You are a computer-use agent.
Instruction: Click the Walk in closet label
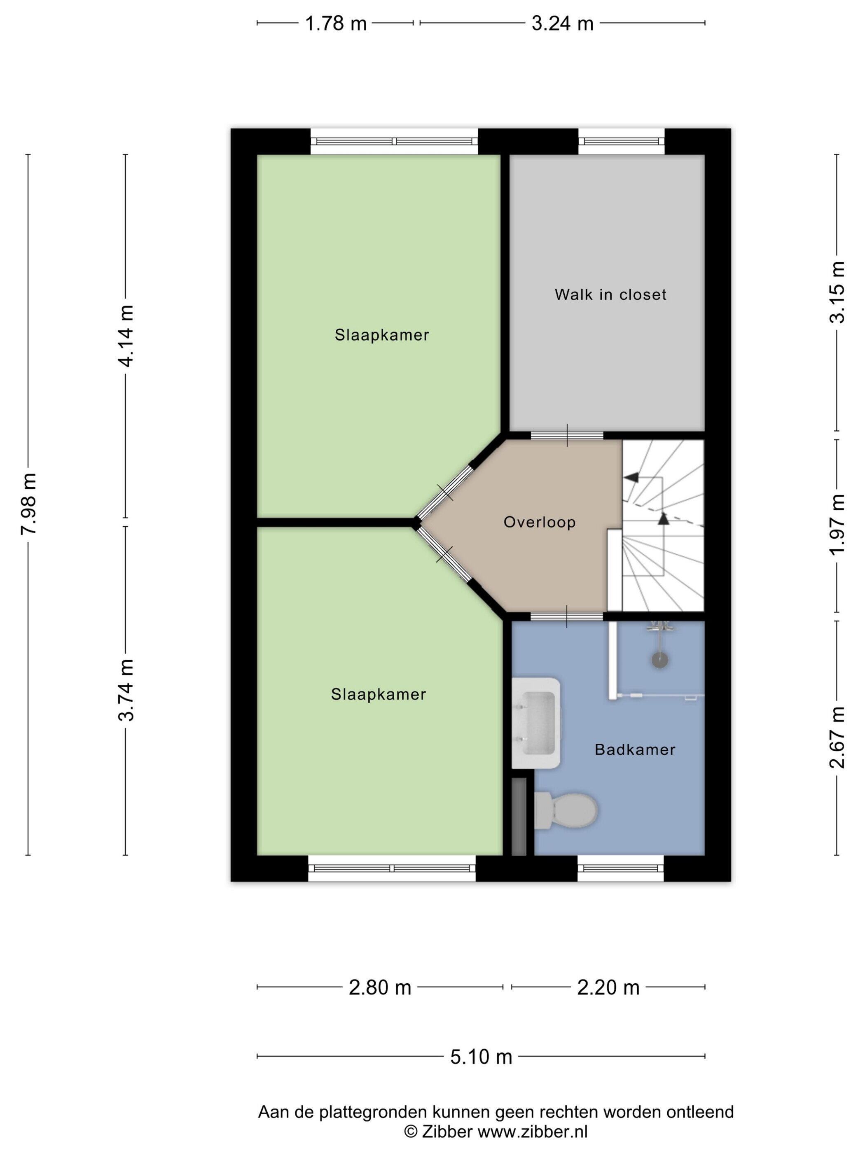click(610, 294)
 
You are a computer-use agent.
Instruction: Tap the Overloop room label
click(540, 522)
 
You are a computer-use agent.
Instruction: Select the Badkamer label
click(635, 749)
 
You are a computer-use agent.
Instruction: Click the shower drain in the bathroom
click(659, 661)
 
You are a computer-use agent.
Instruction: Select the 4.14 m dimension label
click(126, 336)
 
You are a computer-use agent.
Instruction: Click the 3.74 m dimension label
click(126, 690)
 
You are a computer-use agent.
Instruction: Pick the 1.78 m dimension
click(336, 23)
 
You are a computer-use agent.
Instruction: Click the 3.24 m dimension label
click(563, 23)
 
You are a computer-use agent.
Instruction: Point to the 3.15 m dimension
click(837, 292)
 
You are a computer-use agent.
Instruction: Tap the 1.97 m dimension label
click(837, 525)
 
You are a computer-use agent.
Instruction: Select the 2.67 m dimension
click(837, 738)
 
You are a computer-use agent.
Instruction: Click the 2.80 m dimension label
click(380, 987)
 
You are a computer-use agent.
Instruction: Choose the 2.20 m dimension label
click(608, 987)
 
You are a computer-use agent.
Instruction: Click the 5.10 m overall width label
click(481, 1057)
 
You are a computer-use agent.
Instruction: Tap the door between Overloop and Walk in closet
click(567, 435)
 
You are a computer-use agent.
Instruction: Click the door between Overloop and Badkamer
click(567, 616)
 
